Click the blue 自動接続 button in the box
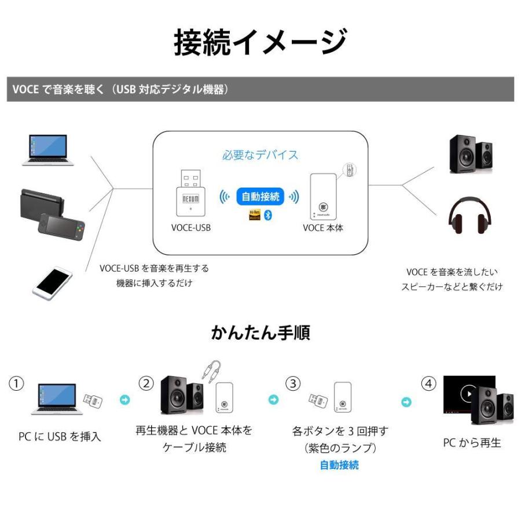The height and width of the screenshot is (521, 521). click(x=260, y=197)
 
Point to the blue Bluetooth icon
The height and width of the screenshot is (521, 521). click(x=267, y=215)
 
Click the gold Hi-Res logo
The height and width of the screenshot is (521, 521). click(x=254, y=215)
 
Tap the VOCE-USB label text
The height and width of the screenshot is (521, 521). click(x=191, y=228)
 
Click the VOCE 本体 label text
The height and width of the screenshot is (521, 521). click(x=323, y=228)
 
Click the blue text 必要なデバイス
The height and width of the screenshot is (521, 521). click(x=260, y=155)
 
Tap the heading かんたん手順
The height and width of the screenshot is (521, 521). click(x=260, y=333)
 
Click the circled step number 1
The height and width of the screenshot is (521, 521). click(x=17, y=383)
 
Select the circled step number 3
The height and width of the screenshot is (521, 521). click(x=294, y=383)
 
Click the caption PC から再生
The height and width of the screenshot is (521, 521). click(x=472, y=443)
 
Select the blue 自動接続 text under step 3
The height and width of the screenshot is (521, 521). click(x=339, y=465)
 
